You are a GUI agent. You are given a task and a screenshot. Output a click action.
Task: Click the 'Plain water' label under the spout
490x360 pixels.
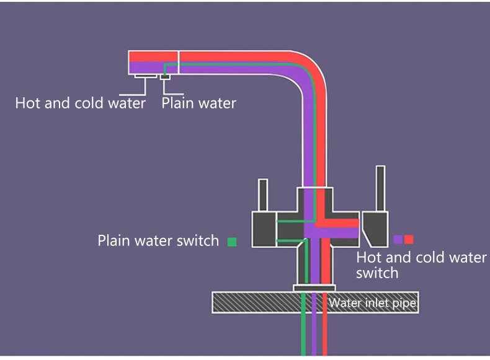click(198, 103)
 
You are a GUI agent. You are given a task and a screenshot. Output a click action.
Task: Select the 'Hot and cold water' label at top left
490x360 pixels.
click(80, 103)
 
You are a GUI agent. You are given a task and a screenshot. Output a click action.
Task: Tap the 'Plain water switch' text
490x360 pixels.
click(158, 240)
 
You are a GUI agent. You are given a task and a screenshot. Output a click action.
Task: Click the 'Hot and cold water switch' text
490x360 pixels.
click(421, 265)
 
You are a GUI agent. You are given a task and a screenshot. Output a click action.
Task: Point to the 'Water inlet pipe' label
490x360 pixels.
click(372, 304)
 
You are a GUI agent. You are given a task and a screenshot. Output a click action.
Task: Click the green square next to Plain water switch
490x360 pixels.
click(232, 242)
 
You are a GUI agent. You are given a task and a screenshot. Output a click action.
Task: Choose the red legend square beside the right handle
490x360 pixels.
click(409, 239)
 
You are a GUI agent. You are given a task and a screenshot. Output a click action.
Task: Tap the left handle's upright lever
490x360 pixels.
click(263, 195)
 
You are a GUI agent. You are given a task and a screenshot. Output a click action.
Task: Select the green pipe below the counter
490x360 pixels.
click(303, 335)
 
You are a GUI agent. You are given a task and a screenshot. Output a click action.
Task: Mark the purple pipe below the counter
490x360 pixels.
click(314, 335)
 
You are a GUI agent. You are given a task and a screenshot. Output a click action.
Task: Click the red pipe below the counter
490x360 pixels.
click(324, 335)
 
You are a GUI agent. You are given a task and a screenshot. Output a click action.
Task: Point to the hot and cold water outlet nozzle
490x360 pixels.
click(146, 76)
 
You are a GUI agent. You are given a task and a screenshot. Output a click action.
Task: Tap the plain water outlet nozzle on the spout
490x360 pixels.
click(166, 76)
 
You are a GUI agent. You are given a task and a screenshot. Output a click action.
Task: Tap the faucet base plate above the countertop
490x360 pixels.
click(314, 288)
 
